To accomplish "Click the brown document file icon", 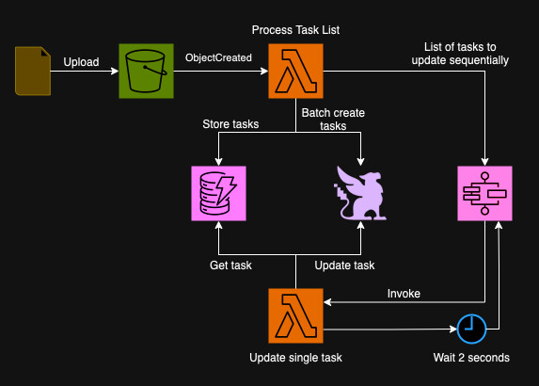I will (34, 72).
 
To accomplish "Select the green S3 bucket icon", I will (146, 72).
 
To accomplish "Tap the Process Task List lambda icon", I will (295, 72).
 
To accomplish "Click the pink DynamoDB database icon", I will (217, 193).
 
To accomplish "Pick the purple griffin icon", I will (362, 194).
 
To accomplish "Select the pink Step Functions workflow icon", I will (485, 193).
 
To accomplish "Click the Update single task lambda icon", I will (295, 316).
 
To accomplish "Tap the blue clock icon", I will (471, 327).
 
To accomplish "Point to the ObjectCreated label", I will (218, 58).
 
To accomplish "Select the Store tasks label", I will (230, 123).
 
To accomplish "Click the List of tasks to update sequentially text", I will (460, 54).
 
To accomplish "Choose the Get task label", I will (230, 265).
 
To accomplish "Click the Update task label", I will (344, 265).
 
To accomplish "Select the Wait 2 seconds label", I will (471, 358).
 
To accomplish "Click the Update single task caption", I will (295, 358).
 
